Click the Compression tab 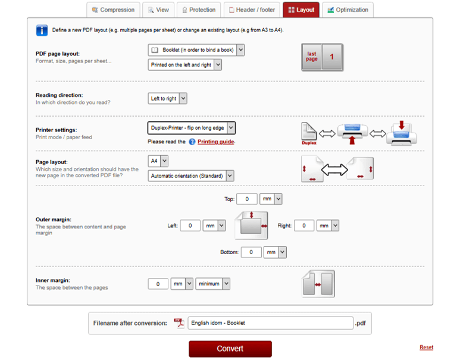coord(113,10)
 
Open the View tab coord(157,10)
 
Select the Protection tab coord(199,10)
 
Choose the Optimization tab coord(348,10)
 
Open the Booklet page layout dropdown coord(196,50)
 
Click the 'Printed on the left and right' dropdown coord(184,65)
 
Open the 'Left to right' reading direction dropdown coord(167,98)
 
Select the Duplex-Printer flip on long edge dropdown coord(191,128)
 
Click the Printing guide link coord(215,142)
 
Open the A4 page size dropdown coord(158,161)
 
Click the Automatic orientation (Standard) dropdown coord(190,176)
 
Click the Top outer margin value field coord(246,199)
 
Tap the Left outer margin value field coord(190,226)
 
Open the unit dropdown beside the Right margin coord(327,226)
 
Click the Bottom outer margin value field coord(251,252)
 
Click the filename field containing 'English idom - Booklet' coord(270,323)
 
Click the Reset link coord(426,348)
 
